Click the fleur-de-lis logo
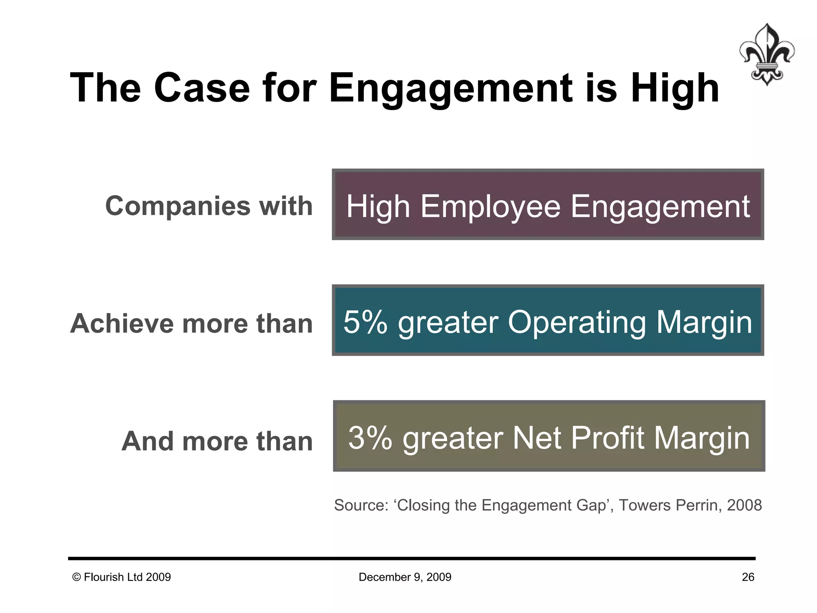766,54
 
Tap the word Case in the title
202,88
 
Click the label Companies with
209,206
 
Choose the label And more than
217,441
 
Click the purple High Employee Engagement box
548,204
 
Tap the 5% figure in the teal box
365,322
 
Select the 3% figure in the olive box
370,438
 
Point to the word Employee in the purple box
490,206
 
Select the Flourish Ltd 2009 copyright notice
122,577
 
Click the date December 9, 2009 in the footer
405,577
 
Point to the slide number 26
748,577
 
